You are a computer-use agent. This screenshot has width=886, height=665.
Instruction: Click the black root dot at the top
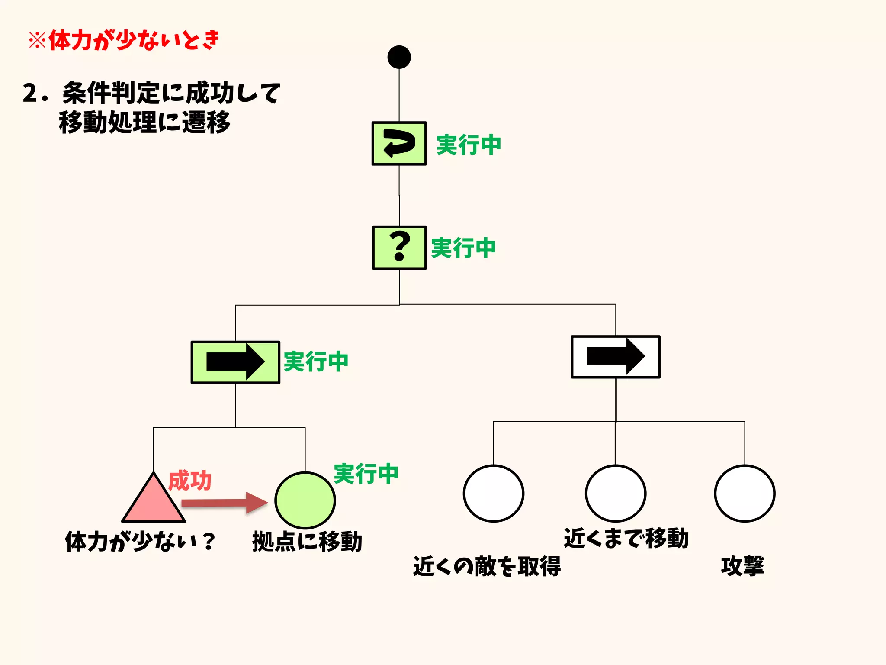click(x=399, y=57)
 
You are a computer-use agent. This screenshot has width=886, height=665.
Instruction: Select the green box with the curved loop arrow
click(x=399, y=143)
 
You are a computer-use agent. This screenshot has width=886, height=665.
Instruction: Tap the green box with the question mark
click(x=399, y=247)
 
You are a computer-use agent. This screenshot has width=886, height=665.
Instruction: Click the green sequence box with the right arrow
click(x=235, y=362)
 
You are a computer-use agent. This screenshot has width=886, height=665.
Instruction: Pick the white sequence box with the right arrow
click(x=615, y=357)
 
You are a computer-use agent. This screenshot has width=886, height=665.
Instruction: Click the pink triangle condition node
click(x=154, y=502)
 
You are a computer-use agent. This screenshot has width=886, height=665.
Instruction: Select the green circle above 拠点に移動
click(x=305, y=500)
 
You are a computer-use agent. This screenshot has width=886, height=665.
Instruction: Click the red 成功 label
click(x=189, y=481)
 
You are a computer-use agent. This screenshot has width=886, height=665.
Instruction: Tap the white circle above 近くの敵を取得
click(x=493, y=494)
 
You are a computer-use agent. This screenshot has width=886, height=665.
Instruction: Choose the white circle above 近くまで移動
click(x=615, y=494)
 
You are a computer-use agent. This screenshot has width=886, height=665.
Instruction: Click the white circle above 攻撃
click(x=744, y=494)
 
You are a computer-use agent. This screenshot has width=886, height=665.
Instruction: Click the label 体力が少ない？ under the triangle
click(x=140, y=541)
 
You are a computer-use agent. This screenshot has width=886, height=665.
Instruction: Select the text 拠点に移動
click(x=307, y=541)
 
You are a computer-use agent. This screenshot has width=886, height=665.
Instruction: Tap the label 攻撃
click(x=742, y=566)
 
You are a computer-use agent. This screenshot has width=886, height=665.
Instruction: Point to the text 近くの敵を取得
click(x=487, y=566)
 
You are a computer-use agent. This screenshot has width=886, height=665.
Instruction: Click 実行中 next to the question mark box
click(x=463, y=248)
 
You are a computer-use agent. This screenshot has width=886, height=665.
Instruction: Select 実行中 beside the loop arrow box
click(x=469, y=145)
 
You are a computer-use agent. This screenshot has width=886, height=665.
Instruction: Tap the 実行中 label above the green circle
click(x=366, y=473)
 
